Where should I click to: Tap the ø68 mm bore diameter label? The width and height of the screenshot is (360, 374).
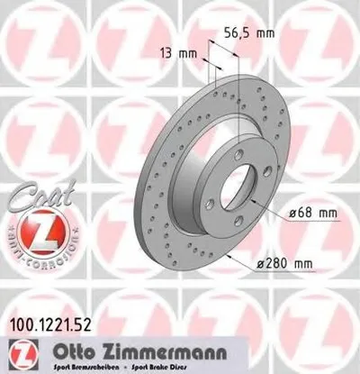316,213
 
